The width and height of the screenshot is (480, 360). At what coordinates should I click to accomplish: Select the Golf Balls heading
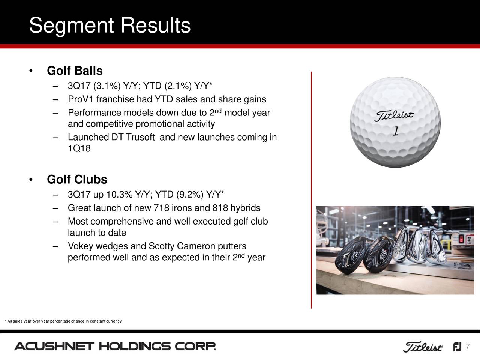(x=75, y=70)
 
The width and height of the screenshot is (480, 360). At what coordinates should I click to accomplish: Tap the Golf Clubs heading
(x=77, y=180)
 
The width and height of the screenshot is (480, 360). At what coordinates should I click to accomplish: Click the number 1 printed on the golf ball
(x=395, y=132)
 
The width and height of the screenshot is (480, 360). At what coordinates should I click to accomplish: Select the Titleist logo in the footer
(x=423, y=347)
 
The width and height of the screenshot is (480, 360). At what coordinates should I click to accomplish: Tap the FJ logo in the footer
(x=457, y=347)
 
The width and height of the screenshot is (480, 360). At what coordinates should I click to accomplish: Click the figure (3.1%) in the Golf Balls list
(x=107, y=86)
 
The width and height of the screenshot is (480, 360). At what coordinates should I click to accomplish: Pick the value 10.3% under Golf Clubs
(x=119, y=195)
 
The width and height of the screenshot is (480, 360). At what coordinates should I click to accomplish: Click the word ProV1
(x=81, y=99)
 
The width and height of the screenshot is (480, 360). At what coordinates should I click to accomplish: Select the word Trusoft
(x=140, y=137)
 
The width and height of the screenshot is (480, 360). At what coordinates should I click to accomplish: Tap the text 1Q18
(x=79, y=149)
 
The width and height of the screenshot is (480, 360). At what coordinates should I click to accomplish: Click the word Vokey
(x=81, y=246)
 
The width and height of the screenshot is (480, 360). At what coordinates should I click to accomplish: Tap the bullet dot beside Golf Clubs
(x=31, y=180)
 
